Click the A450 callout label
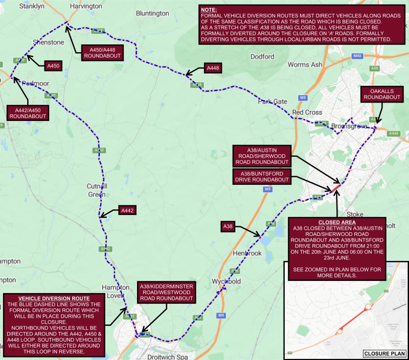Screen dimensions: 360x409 (54, 66)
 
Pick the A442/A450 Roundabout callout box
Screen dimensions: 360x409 (28, 113)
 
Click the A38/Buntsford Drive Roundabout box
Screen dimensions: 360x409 (262, 177)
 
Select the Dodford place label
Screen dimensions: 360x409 (263, 57)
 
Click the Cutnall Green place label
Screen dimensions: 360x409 (97, 189)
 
